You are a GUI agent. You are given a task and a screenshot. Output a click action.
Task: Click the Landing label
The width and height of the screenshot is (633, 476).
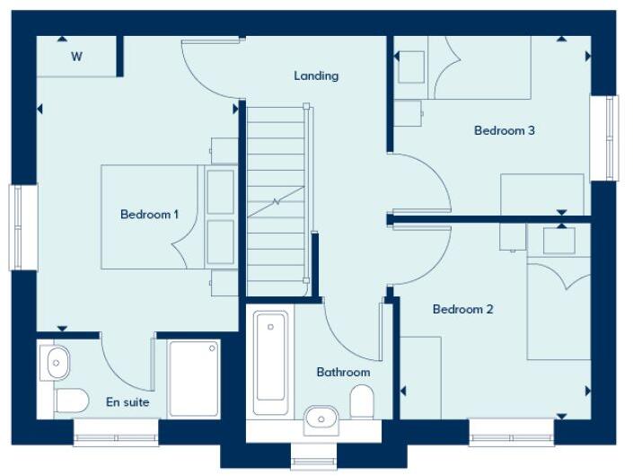[316, 76]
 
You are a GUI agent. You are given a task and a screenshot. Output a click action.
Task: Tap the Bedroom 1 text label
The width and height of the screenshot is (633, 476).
[150, 215]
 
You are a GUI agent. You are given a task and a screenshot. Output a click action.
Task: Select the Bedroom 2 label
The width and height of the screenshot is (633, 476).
[462, 310]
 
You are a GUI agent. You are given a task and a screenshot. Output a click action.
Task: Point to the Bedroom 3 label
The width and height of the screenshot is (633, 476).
[504, 131]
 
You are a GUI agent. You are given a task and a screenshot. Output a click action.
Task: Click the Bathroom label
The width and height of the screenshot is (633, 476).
[343, 372]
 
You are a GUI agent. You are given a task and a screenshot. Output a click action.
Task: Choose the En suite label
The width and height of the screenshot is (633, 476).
[127, 402]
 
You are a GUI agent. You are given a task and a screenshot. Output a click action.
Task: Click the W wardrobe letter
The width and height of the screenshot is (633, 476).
[76, 57]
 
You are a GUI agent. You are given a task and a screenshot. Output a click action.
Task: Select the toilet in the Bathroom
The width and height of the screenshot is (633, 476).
[362, 401]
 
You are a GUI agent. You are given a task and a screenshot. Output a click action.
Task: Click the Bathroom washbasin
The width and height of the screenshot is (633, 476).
[321, 418]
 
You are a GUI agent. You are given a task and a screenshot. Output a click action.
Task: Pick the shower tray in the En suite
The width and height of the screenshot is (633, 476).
[194, 378]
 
